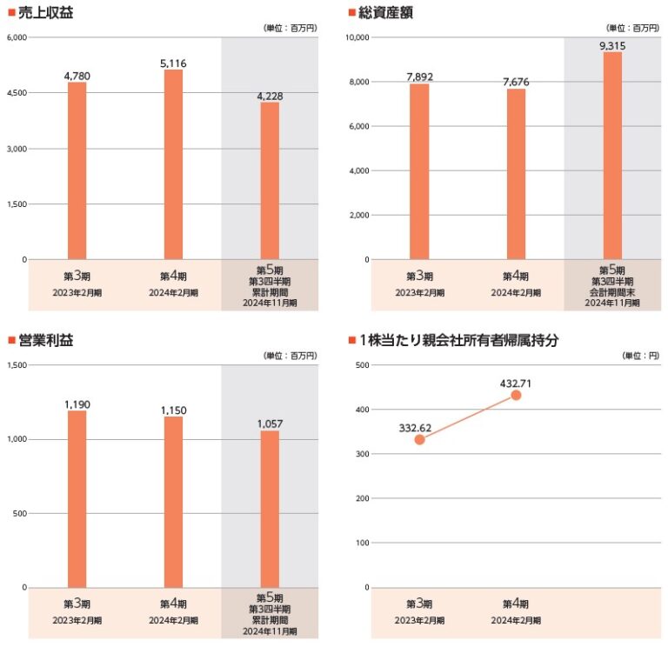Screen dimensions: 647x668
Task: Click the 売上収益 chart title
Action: pos(46,12)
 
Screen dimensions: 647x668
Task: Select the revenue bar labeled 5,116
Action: pos(173,164)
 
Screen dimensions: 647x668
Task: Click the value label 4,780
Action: pos(77,76)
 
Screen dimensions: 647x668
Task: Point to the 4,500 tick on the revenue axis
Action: pos(17,93)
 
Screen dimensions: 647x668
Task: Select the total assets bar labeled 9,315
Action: pos(612,156)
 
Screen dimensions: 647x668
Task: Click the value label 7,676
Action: pos(516,82)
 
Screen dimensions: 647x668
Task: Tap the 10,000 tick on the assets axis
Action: pos(357,37)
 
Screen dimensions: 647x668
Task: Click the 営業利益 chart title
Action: pos(46,340)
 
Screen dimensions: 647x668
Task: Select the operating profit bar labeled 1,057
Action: pos(270,509)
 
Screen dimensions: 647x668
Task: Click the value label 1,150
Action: pos(173,410)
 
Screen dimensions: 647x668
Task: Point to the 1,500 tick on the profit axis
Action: pos(17,365)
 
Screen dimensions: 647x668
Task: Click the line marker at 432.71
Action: pos(516,395)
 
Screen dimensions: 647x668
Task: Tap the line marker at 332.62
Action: pos(419,439)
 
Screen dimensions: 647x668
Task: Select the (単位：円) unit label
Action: pos(641,356)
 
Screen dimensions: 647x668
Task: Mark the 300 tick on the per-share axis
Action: pos(361,454)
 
